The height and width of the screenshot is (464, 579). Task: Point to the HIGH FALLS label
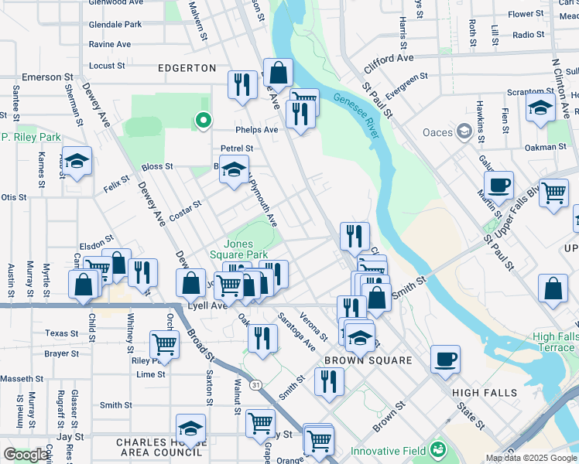coord(485,393)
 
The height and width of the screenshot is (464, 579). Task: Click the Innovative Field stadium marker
coord(440,449)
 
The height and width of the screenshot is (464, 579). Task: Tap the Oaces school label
coord(437,131)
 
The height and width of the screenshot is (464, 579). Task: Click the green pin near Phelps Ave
coord(203,120)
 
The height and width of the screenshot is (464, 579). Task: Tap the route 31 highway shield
coord(255,384)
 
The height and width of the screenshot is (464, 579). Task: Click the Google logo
coord(26,454)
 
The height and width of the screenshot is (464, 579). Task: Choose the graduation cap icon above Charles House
coord(190,428)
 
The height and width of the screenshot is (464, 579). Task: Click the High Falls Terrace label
coord(554,342)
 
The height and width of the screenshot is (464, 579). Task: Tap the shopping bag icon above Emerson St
coord(278,73)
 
